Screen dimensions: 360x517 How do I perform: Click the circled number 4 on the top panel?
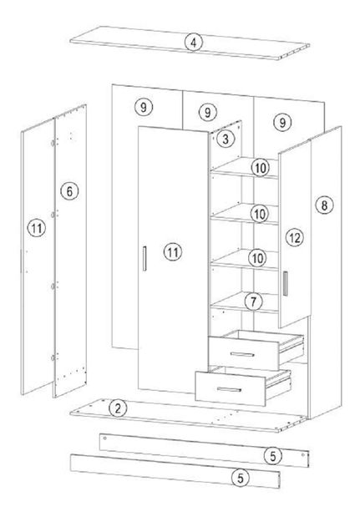pos(194,43)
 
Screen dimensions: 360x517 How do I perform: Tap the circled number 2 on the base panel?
pos(118,408)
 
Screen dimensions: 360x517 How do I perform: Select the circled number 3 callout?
pos(226,139)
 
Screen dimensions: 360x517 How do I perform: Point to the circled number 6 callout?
pos(69,191)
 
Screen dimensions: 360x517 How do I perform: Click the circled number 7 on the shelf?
pos(254,302)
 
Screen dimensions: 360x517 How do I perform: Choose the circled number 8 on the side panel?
pos(325,205)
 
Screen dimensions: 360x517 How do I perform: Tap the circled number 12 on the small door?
pos(295,237)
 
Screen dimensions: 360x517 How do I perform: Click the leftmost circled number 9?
pos(144,107)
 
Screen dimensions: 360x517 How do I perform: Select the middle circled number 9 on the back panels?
pos(208,113)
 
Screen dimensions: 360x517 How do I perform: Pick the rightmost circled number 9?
pos(282,122)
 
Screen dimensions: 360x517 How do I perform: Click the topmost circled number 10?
pos(261,168)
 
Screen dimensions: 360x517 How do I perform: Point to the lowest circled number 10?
pos(257,258)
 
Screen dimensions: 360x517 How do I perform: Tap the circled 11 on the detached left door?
pos(36,228)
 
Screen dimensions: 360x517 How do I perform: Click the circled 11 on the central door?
pos(173,252)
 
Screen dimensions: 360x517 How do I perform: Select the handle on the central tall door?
pos(145,259)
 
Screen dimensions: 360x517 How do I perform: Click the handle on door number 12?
pos(285,283)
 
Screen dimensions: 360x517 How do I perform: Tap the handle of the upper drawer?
pos(242,354)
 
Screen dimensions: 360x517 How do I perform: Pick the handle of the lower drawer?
pos(229,389)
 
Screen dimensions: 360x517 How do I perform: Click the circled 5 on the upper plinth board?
pos(273,456)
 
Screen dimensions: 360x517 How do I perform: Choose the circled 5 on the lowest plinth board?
pos(241,478)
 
